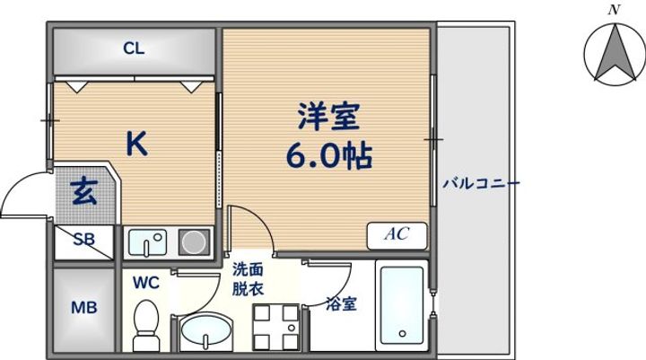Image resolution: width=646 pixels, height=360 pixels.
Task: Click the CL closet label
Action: point(134,49)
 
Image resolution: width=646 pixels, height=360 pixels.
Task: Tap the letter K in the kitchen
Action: point(135,145)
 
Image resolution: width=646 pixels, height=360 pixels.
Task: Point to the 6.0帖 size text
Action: point(328,157)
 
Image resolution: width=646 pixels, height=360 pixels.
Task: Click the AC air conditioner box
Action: point(397,234)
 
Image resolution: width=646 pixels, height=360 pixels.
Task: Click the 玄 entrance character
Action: point(85,191)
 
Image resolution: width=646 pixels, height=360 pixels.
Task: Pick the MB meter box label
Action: point(83,307)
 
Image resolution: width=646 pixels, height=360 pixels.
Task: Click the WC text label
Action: point(146,283)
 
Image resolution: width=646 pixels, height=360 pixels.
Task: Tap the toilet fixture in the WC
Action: point(144,326)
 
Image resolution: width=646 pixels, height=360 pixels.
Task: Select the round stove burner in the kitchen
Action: point(192,241)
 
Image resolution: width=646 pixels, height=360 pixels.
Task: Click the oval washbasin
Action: point(205,334)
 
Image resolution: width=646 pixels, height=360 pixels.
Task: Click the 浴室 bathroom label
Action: point(342,303)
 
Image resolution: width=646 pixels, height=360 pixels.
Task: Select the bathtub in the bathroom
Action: point(400,306)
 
